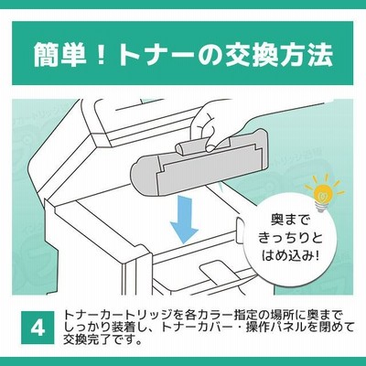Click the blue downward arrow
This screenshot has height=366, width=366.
(x=185, y=220)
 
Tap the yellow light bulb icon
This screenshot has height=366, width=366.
(x=324, y=193)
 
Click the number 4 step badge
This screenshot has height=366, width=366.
(x=38, y=328)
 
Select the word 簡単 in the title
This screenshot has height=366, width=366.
(x=59, y=55)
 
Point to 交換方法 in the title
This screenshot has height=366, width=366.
(x=278, y=55)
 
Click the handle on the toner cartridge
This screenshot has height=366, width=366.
(x=195, y=145)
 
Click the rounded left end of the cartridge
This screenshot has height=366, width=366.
(x=144, y=176)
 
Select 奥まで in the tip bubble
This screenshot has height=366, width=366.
(x=290, y=220)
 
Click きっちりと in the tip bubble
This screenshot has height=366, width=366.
(x=290, y=238)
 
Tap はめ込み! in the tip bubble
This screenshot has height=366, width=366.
(x=290, y=255)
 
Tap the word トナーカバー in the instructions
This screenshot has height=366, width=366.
(x=194, y=328)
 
